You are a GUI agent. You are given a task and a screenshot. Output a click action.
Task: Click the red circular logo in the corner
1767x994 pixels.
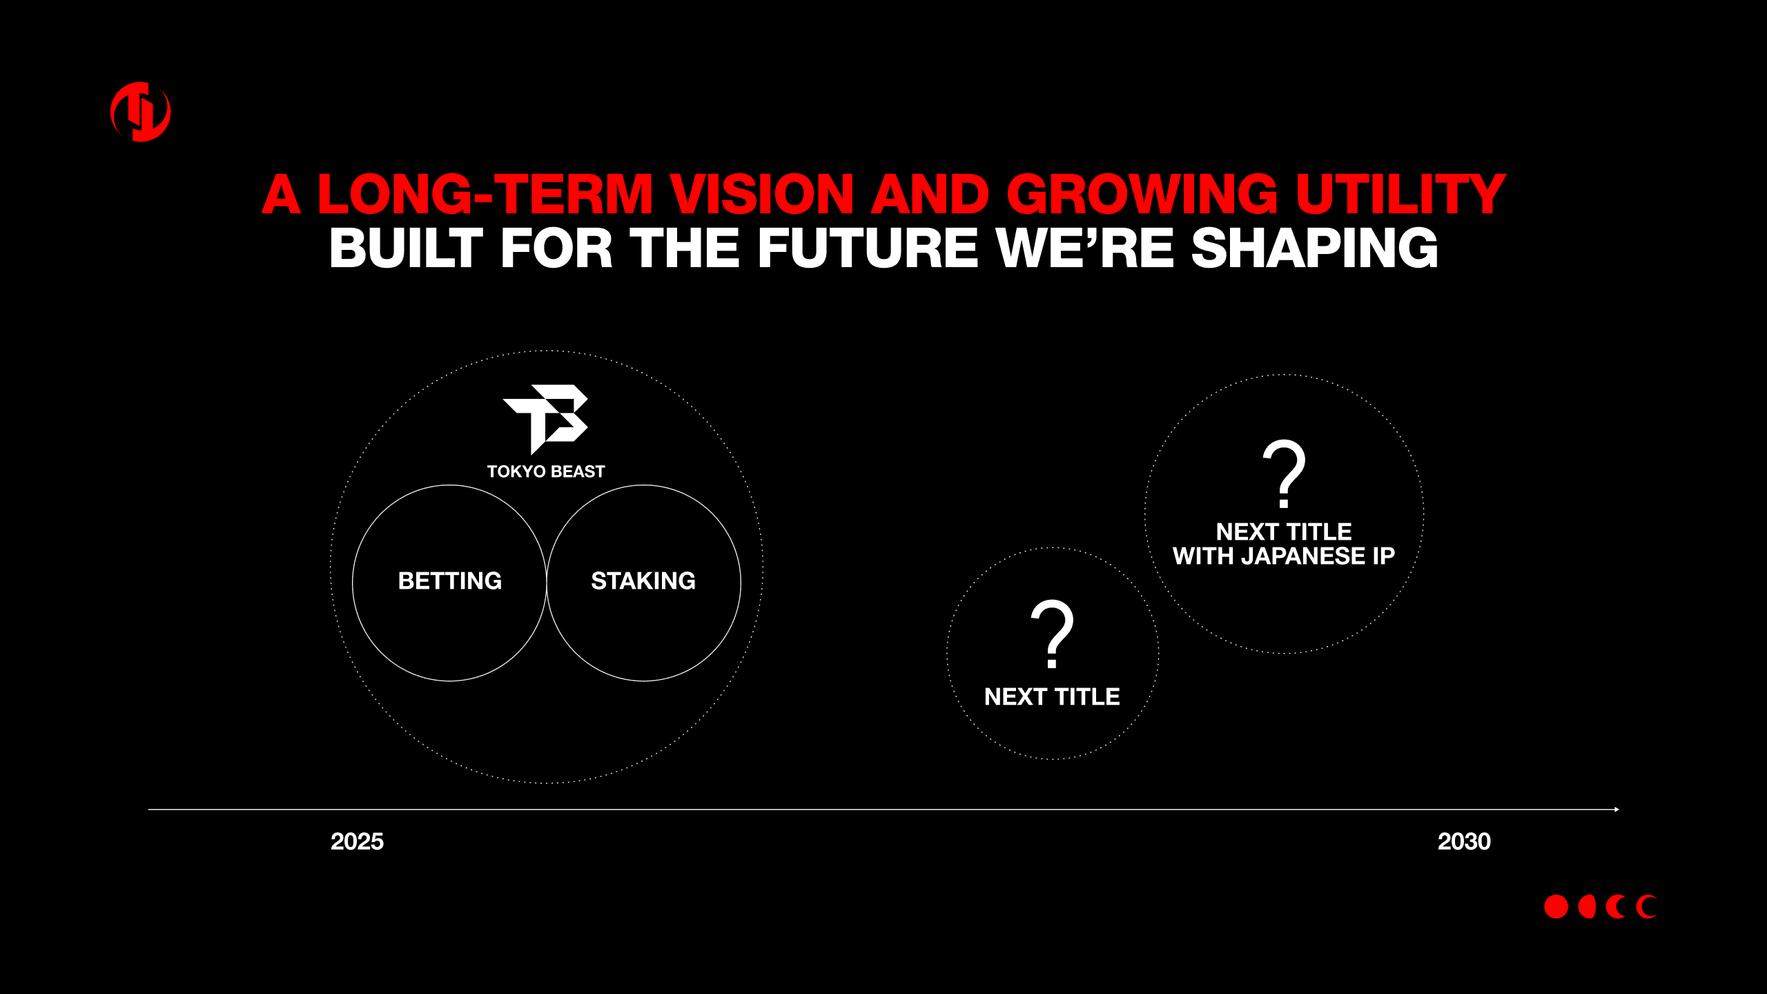pos(141,112)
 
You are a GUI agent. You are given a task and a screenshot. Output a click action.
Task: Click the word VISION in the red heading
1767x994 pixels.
pos(762,194)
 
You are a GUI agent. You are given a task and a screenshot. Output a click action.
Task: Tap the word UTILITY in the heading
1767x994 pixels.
pos(1400,194)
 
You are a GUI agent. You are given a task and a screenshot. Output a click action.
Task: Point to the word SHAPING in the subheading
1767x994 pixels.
pos(1315,248)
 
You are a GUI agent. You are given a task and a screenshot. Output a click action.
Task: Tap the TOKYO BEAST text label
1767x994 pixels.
pos(546,471)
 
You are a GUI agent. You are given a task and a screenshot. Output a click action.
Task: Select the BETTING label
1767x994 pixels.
pos(450,581)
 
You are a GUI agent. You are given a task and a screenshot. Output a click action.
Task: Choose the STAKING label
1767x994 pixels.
pos(643,581)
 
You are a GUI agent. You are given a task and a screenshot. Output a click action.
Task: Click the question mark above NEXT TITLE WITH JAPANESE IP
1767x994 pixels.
pos(1284,473)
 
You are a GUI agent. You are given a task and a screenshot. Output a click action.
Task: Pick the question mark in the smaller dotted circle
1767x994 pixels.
pos(1052,634)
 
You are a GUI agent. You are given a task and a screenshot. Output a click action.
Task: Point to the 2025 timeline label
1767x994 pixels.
pos(357,841)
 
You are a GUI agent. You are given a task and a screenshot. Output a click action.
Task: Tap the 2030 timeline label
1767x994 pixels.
pos(1464,841)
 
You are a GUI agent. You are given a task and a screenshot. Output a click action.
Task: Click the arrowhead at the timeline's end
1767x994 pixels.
pos(1617,809)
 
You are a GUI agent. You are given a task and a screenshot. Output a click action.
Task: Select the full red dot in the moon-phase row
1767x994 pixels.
pos(1556,907)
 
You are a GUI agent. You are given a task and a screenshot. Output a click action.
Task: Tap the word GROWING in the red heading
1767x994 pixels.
pos(1142,194)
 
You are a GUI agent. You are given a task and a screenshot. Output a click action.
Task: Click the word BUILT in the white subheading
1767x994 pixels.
pos(406,248)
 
